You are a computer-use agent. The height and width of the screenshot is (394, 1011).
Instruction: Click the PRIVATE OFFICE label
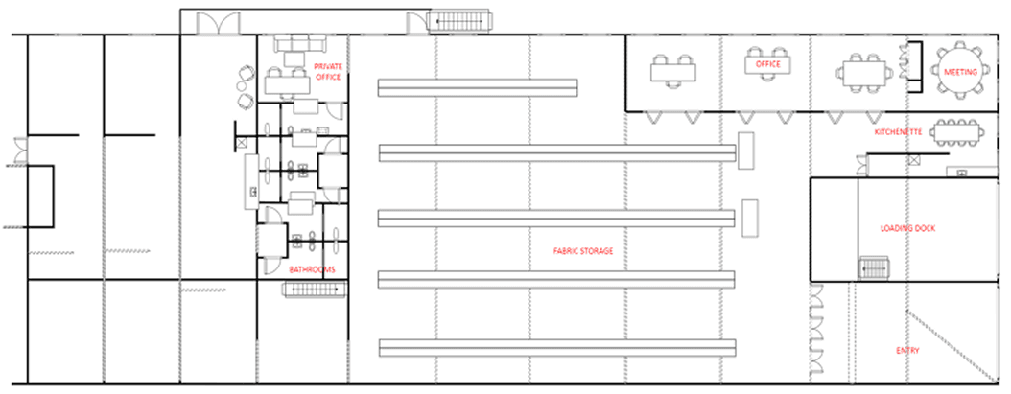click(328, 72)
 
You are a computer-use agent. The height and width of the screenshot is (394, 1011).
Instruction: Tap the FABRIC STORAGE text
click(583, 251)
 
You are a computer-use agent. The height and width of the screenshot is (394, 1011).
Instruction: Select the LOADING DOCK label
click(907, 228)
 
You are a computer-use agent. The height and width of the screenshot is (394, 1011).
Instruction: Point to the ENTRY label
click(907, 351)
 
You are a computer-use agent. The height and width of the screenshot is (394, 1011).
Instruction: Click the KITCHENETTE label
click(898, 132)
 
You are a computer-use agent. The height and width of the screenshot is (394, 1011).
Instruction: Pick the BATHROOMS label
click(312, 269)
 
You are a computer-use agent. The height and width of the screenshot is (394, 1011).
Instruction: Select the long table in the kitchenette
click(957, 133)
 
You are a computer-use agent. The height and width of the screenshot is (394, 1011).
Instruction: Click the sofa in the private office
click(300, 44)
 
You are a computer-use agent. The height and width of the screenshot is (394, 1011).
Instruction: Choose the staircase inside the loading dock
click(874, 267)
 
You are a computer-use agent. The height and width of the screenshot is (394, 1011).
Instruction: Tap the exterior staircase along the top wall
click(461, 21)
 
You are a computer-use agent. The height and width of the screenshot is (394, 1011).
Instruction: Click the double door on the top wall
click(218, 24)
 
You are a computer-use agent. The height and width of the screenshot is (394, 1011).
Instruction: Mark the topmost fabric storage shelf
click(477, 87)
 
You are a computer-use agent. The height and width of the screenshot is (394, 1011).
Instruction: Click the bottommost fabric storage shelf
click(557, 348)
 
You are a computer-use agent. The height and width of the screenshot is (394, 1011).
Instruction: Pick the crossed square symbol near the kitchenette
click(913, 160)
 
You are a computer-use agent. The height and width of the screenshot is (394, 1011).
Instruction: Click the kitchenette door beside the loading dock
click(860, 165)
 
